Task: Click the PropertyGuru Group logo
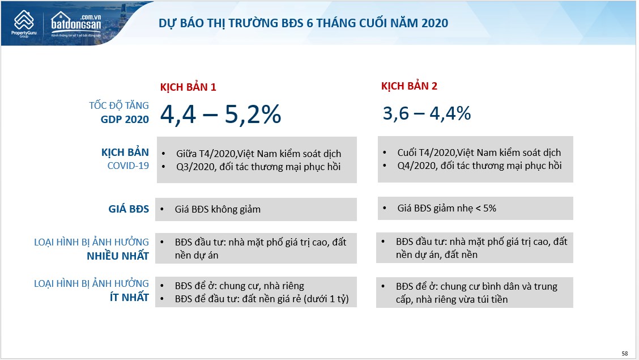coord(24,24)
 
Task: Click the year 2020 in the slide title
coord(435,23)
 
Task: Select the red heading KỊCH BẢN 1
coord(188,87)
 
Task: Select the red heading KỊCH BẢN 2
coord(409,86)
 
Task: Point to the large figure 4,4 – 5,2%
coord(220,114)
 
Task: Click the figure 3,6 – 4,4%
coord(427,113)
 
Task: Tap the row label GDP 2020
coord(125,120)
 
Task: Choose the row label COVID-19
coord(128,166)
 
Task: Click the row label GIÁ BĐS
coord(129,209)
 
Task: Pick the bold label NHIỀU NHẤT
coord(118,256)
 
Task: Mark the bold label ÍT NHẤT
coord(129,298)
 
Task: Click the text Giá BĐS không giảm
coord(218,210)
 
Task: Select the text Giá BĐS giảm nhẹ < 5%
coord(446,208)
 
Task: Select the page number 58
coord(625,353)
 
